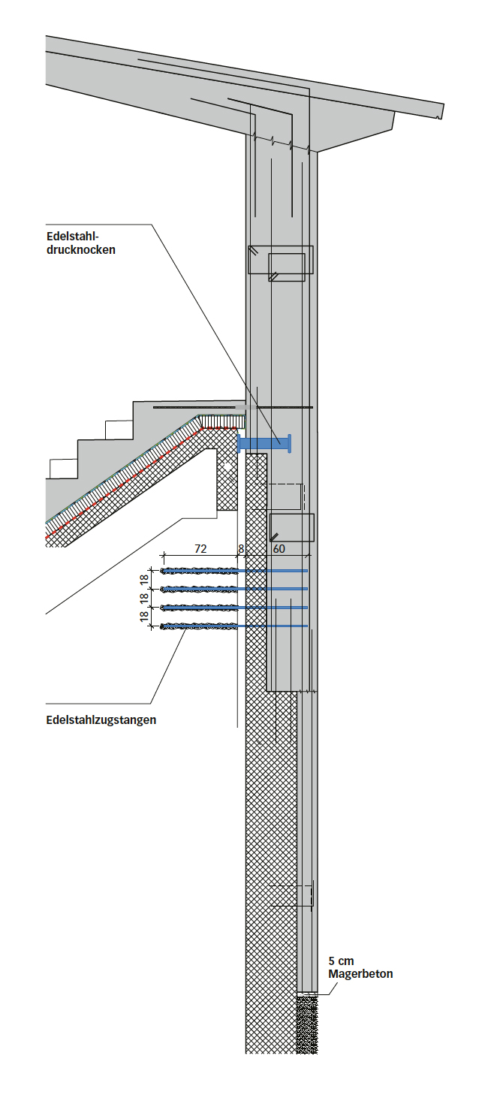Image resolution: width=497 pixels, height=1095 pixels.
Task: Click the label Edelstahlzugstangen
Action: tap(101, 720)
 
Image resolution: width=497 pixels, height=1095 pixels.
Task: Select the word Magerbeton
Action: tap(360, 974)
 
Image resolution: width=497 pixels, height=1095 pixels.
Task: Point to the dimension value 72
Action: tap(200, 549)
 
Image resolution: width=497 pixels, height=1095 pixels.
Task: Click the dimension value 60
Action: tap(279, 549)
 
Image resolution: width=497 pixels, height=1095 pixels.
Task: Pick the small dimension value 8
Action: tap(241, 549)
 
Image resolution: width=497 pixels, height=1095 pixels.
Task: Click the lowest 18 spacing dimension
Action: tap(144, 617)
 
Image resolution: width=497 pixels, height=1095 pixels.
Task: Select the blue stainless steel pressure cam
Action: tap(264, 444)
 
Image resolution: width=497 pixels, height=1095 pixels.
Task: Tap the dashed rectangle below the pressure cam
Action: tap(286, 497)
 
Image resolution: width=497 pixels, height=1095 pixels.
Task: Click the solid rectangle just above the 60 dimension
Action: tap(292, 527)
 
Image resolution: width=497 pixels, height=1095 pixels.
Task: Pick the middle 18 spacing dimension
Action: tap(144, 598)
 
